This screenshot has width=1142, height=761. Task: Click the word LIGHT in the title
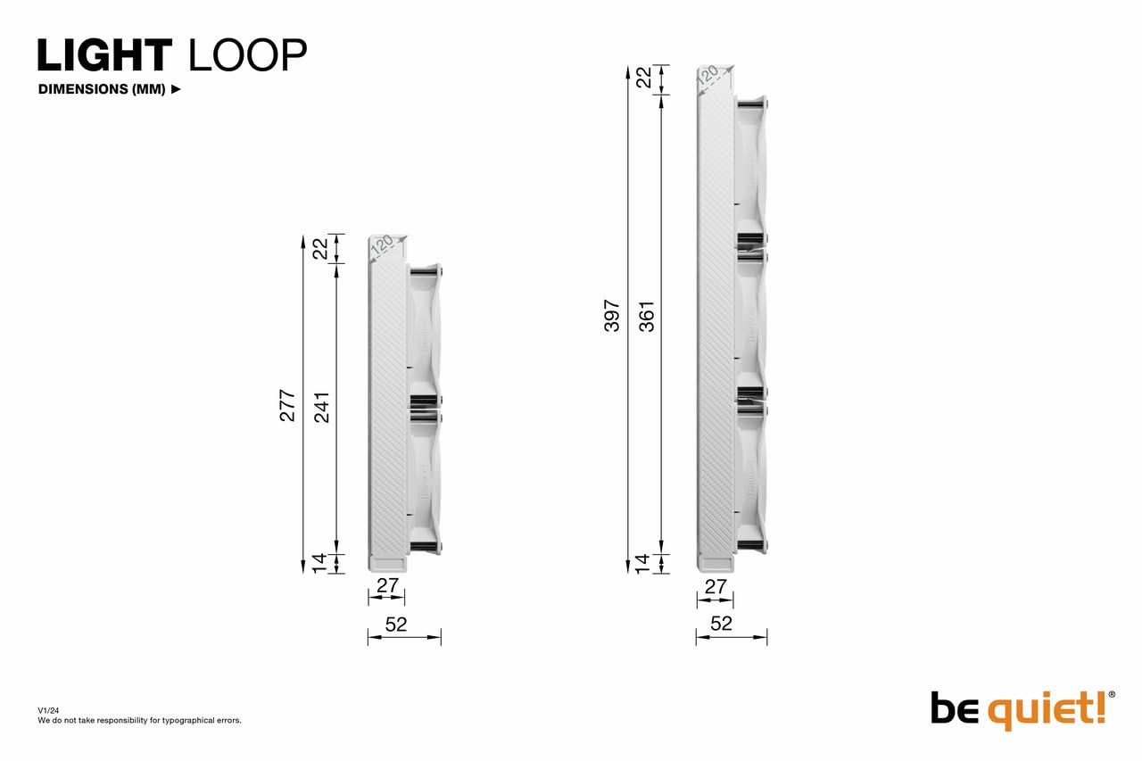pos(105,54)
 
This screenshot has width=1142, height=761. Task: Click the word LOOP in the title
pos(248,54)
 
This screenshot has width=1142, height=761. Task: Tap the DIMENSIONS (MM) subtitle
pos(102,89)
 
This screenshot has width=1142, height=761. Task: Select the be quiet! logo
pos(1022,710)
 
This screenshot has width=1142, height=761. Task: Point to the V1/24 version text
pos(48,710)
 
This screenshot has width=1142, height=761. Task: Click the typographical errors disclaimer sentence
pos(140,720)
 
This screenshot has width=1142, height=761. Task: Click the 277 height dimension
pos(287,406)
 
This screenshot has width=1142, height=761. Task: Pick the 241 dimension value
pos(322,407)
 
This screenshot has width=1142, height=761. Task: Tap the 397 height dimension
pos(612,316)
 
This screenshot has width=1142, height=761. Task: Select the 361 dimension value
pos(647,317)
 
